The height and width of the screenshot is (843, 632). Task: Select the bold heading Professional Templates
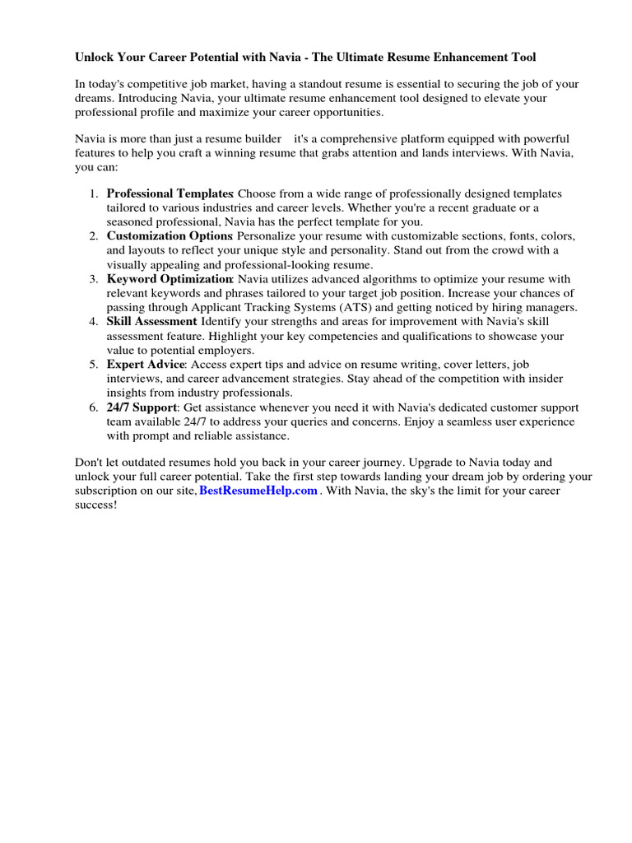coord(170,193)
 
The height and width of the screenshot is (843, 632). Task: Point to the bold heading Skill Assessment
coord(152,321)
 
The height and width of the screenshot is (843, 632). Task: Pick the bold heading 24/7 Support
coord(142,407)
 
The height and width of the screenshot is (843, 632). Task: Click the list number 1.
coord(92,193)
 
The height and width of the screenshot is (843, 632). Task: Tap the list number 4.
coord(92,321)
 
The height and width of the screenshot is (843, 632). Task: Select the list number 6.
coord(92,407)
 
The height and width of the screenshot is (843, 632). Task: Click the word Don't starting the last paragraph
coord(90,463)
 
